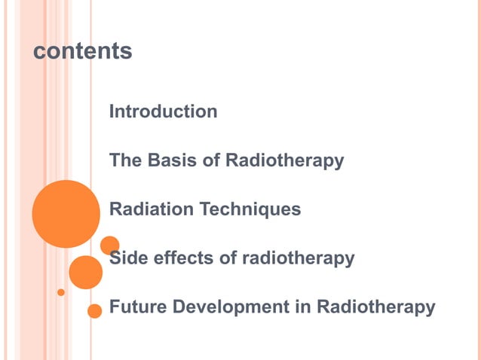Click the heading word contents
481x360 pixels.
(83, 51)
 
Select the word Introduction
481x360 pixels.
(164, 111)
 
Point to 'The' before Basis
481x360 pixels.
(125, 160)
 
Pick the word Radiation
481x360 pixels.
(152, 209)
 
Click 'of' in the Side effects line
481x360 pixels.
(229, 258)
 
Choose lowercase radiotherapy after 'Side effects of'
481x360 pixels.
(299, 258)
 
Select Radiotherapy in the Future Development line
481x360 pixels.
(375, 307)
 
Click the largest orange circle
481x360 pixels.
(66, 214)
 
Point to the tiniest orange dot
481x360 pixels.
(61, 292)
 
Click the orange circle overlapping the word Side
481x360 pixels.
(110, 246)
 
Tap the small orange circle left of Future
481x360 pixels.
(95, 310)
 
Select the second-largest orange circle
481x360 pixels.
(85, 273)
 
